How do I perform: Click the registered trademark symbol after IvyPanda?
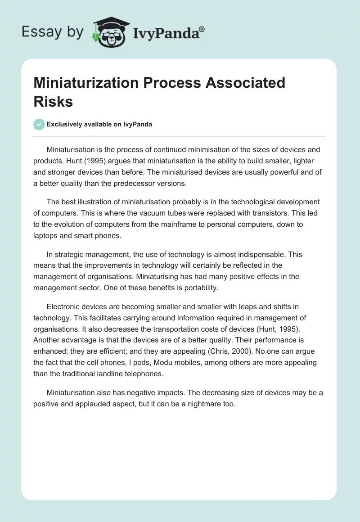pyautogui.click(x=202, y=29)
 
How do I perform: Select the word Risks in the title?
pyautogui.click(x=53, y=101)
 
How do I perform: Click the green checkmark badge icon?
pyautogui.click(x=39, y=124)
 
